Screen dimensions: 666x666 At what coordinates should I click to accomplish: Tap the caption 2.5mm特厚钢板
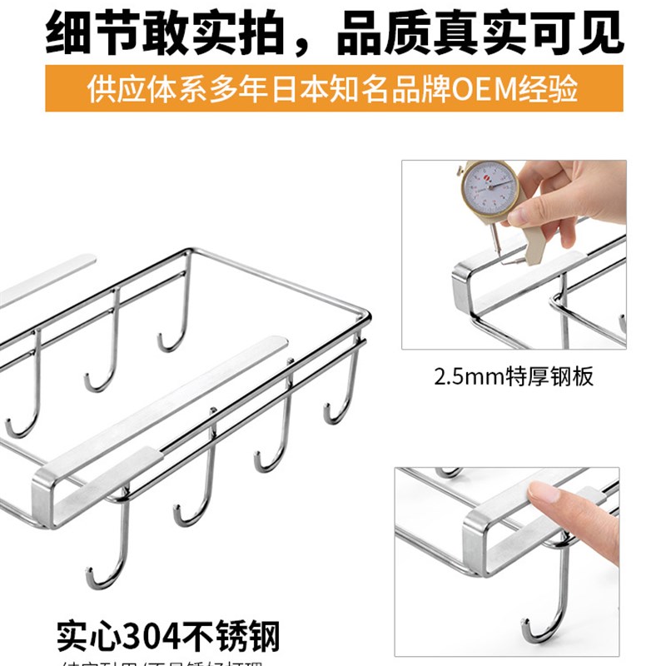click(x=513, y=376)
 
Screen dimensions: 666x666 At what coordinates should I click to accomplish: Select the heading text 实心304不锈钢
click(x=168, y=637)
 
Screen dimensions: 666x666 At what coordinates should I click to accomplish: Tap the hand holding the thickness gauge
click(x=574, y=196)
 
